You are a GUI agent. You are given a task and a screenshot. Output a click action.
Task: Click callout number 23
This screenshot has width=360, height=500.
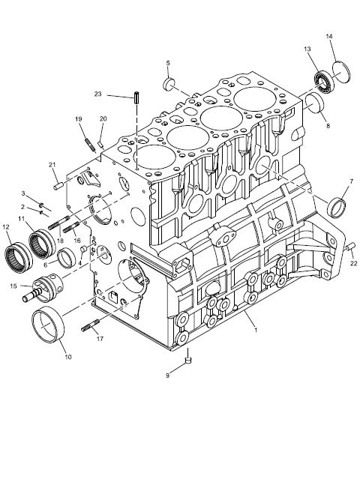coord(97,94)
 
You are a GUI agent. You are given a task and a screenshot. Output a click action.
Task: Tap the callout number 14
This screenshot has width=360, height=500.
coord(329,36)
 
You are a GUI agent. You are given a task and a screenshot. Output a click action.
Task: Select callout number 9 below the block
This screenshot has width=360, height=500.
coord(167,376)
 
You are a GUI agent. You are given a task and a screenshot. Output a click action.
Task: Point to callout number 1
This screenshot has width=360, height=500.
coord(256,330)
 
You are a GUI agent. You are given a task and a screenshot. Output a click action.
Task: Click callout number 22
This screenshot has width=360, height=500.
coord(353,263)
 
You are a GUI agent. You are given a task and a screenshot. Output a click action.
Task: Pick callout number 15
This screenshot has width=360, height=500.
coord(13,286)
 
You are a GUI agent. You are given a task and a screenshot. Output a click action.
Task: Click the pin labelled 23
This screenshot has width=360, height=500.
coord(136,97)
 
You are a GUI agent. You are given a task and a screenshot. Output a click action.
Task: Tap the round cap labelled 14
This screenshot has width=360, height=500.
coord(341,72)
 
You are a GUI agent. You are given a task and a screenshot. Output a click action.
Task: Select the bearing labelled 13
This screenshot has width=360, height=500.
coord(324,82)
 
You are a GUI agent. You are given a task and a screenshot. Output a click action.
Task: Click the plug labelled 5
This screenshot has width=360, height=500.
coord(169,84)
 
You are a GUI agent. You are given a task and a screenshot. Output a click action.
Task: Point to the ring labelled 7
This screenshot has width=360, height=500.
coord(337,208)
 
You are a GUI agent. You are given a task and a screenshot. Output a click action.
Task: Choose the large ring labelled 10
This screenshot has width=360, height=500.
coord(48,325)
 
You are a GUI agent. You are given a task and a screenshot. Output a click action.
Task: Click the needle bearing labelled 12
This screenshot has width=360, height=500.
coord(19,258)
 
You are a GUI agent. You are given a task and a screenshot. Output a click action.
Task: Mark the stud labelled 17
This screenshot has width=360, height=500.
coord(90,325)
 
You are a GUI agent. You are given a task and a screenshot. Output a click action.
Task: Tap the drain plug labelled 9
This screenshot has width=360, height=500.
coord(188,360)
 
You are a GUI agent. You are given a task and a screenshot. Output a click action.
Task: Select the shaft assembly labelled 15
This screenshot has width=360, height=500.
coord(43,289)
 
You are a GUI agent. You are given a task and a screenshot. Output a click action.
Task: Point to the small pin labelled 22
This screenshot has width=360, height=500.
coord(351,246)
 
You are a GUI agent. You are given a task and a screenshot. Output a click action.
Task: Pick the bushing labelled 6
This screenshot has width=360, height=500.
coord(67,258)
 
